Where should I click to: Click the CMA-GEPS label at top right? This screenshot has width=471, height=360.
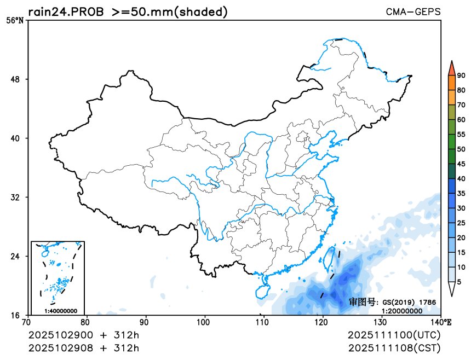[413, 11]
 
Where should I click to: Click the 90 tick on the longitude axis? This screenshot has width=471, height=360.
[146, 322]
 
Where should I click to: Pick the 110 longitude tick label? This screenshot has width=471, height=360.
[263, 322]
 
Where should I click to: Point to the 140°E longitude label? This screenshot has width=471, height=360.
[443, 322]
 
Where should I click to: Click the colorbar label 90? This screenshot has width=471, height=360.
[461, 76]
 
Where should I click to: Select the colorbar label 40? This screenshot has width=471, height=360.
[461, 178]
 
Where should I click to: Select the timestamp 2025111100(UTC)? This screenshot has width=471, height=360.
[394, 334]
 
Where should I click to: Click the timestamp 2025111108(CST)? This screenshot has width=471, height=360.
[394, 348]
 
